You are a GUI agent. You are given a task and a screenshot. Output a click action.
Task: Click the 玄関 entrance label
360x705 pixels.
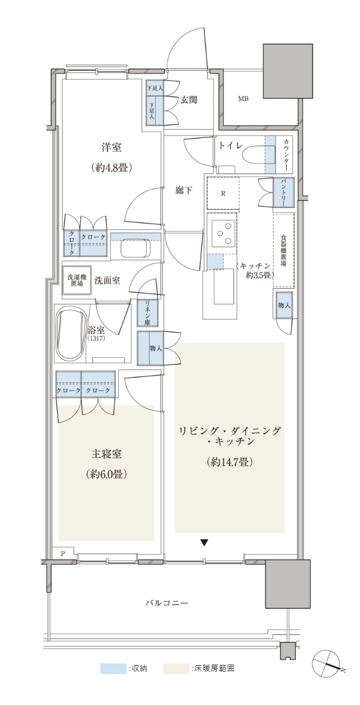[189, 100]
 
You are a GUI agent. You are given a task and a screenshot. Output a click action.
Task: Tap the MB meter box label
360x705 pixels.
[243, 99]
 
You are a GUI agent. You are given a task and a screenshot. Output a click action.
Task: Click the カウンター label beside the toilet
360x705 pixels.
[286, 154]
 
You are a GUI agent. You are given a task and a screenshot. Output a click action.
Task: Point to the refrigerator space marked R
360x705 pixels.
[223, 194]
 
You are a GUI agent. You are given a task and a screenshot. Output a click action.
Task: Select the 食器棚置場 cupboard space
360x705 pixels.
[283, 250]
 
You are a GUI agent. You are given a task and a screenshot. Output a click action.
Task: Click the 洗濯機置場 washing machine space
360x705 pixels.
[75, 281]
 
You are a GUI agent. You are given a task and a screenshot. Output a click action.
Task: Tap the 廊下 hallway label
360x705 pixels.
[184, 191]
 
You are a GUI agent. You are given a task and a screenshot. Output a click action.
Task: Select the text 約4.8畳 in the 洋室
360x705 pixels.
[111, 168]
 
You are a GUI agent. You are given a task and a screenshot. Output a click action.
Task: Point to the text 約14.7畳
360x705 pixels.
[229, 461]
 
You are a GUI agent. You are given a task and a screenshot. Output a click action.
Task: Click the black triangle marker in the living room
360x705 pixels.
[204, 543]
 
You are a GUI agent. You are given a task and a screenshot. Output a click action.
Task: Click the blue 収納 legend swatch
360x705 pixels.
[113, 669]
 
